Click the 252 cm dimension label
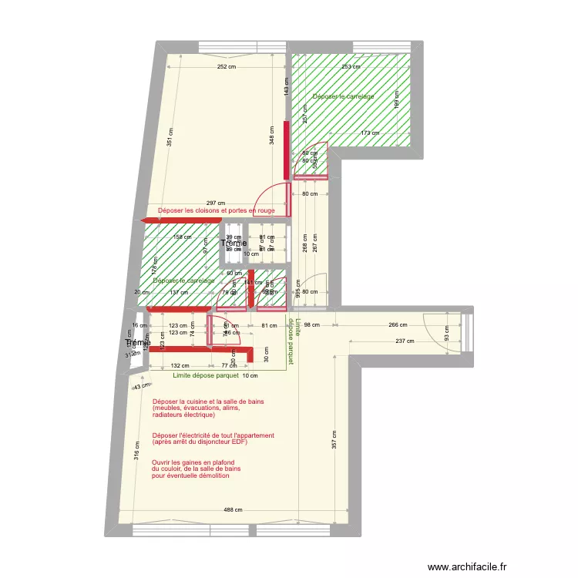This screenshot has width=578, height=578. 226,66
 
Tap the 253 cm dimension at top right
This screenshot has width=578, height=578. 351,66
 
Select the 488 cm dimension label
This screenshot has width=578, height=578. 233,510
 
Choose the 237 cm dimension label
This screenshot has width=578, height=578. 403,341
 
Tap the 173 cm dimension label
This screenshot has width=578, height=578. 370,133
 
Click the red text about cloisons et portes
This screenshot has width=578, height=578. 216,210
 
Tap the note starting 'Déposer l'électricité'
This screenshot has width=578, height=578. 213,439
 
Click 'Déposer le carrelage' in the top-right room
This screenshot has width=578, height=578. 344,96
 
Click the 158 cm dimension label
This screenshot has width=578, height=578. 182,237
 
